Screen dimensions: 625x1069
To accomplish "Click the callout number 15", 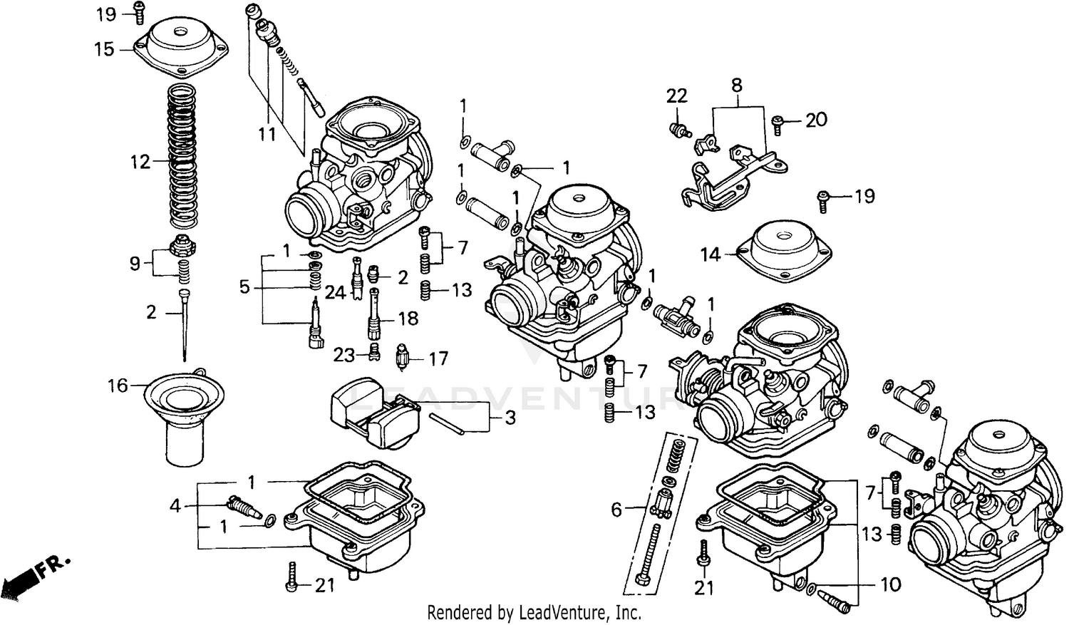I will pos(104,49).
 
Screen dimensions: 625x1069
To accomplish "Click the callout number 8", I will pos(736,86).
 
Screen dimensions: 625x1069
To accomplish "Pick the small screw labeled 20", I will pos(778,127).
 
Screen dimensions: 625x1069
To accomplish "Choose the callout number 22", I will pos(676,96).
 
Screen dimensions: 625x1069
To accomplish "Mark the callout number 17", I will pos(438,358).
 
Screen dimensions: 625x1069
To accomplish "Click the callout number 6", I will pos(616,509).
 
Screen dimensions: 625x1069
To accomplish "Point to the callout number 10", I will pos(890,585).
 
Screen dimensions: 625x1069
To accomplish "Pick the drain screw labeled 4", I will pos(243,507).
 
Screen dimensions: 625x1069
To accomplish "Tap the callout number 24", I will pos(335,292).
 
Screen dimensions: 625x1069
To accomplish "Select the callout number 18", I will pos(408,319).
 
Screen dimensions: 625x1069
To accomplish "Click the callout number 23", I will pos(344,354).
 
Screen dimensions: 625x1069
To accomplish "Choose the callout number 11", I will pos(267,133).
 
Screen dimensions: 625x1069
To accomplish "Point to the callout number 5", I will pos(244,287).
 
